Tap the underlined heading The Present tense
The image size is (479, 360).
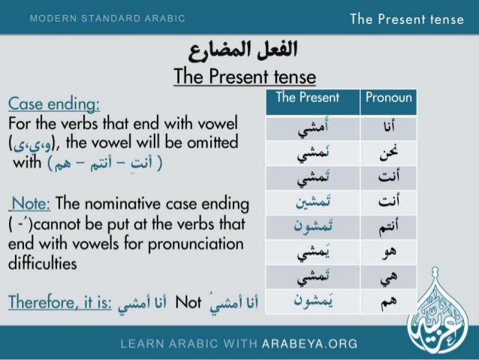(244, 77)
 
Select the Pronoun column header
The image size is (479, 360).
(388, 98)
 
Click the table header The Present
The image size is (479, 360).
(308, 98)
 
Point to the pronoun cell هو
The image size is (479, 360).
(388, 252)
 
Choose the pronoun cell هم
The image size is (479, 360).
(388, 303)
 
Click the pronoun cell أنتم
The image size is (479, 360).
(388, 227)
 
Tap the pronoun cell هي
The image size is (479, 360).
(388, 277)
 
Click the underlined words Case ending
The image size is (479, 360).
(54, 103)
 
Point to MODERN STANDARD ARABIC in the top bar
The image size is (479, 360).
(107, 18)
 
